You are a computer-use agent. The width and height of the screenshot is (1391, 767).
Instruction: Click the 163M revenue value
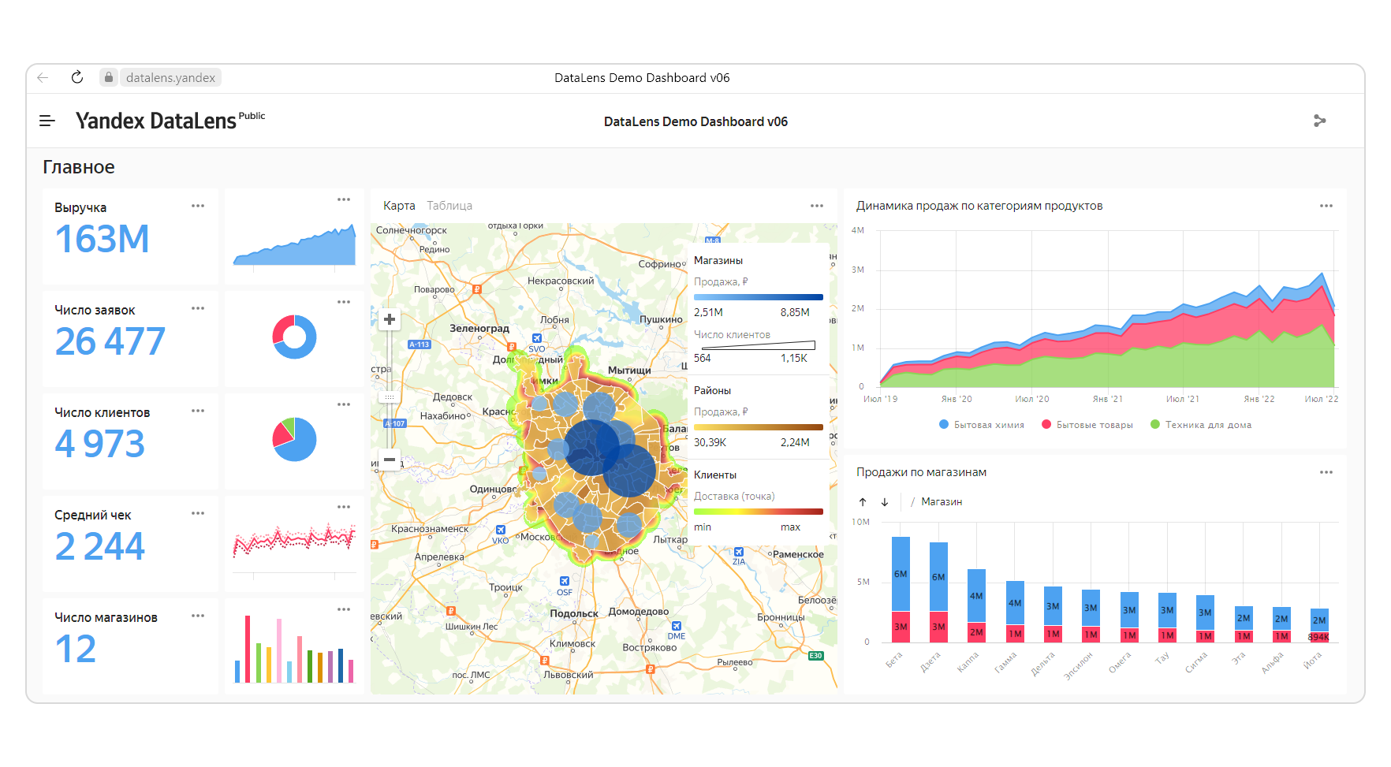pos(103,240)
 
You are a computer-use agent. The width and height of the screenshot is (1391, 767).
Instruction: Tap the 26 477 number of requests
pos(110,342)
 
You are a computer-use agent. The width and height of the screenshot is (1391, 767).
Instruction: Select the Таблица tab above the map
pos(449,206)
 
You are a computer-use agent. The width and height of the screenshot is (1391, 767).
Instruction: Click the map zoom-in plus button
pos(390,319)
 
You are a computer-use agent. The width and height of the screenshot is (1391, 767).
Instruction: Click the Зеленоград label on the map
pos(479,329)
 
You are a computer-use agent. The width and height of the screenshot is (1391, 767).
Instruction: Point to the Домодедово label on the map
pos(639,612)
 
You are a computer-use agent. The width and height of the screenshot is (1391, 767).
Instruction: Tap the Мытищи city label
pos(629,370)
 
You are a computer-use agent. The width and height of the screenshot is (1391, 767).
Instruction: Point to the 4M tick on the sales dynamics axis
pos(858,231)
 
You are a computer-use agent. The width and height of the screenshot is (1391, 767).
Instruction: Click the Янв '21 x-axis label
pos(1107,400)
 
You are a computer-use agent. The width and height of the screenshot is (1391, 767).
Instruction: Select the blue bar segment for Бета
pos(901,574)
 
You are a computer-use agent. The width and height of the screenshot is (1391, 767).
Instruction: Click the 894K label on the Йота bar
pos(1318,637)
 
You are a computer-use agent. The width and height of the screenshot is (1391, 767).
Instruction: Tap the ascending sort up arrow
pos(863,502)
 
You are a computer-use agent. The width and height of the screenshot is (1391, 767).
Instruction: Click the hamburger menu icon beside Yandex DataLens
pos(47,121)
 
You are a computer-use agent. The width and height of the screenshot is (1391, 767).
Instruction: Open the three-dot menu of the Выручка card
pos(198,206)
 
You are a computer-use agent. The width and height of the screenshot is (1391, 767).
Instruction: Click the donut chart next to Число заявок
pos(294,337)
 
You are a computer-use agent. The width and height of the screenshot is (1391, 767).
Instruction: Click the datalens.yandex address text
pos(170,78)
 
